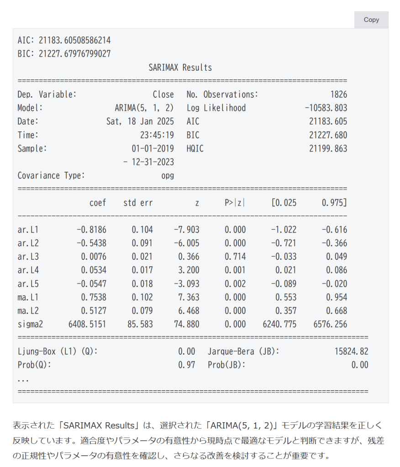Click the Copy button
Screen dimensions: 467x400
371,20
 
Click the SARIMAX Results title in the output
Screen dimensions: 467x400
180,68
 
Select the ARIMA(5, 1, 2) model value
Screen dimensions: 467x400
144,108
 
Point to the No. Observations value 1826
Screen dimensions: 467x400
338,94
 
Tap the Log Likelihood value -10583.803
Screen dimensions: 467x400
326,108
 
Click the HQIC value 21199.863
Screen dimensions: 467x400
328,149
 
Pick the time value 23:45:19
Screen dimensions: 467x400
157,135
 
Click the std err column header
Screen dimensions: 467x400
138,203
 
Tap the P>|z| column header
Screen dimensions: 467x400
234,203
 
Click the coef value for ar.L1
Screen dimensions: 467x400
91,230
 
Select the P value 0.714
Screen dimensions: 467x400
235,257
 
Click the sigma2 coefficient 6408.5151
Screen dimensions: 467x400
88,325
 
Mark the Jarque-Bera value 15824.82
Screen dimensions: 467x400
351,352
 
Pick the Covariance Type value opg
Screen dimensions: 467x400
167,176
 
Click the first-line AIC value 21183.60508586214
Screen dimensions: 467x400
74,40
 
